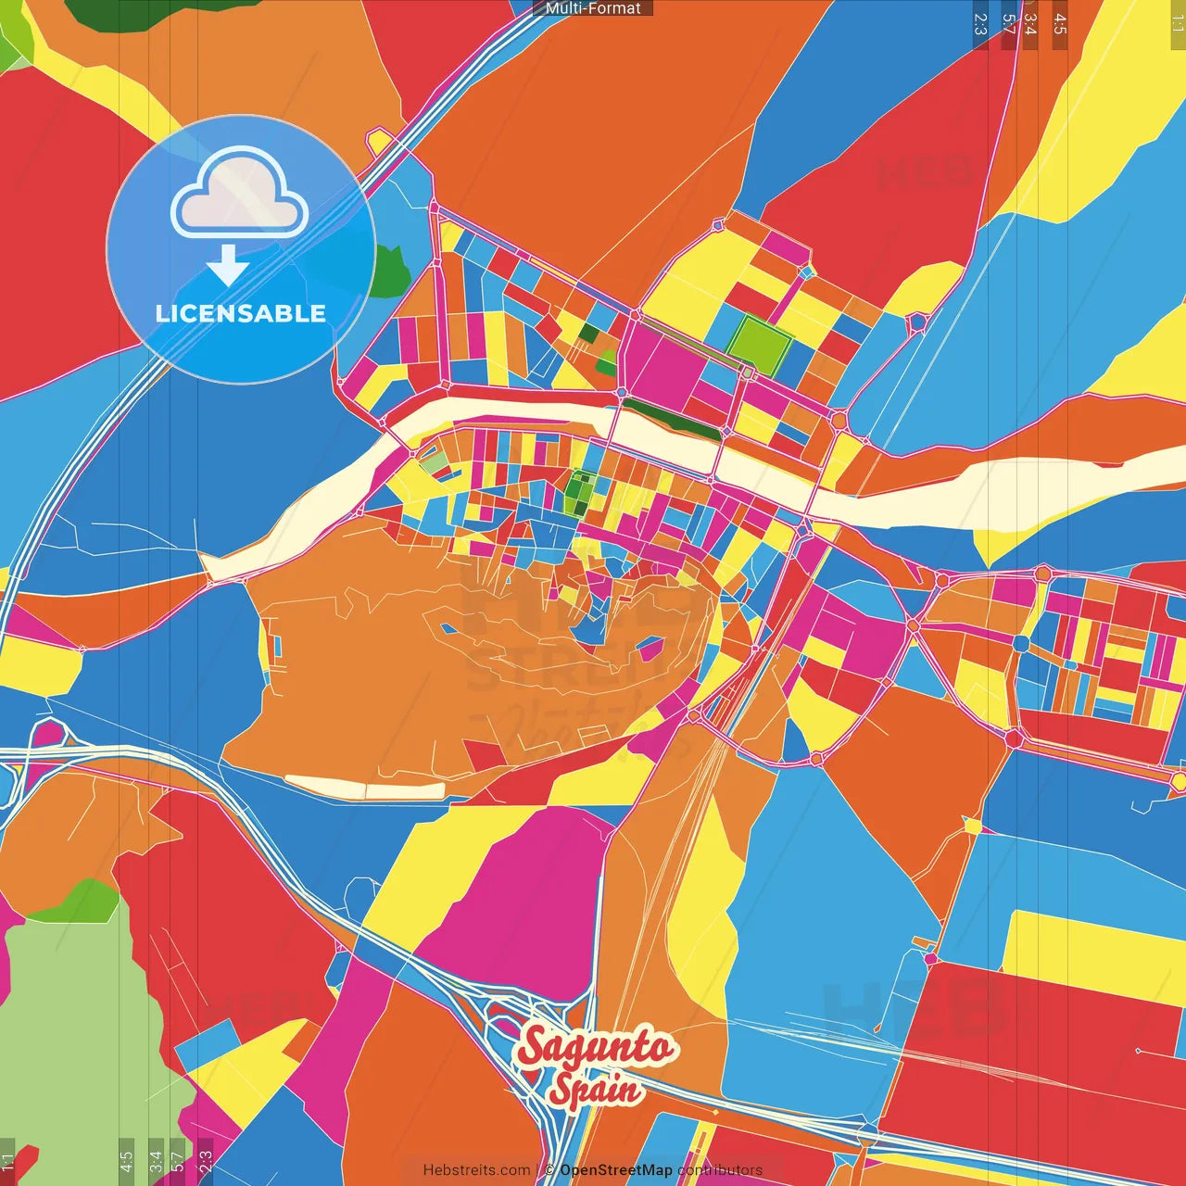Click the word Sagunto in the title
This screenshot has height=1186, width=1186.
pos(596,1048)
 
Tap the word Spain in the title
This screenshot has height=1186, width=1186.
pos(595,1088)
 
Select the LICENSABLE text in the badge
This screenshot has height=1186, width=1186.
pos(240,313)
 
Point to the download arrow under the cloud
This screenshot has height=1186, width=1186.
pos(228,265)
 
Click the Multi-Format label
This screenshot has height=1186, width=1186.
pos(593,8)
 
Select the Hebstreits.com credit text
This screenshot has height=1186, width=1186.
pos(476,1170)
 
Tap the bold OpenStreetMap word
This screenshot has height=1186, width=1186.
pos(615,1170)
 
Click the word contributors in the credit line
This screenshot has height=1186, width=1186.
pos(720,1170)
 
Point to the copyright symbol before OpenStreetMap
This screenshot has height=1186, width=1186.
pos(549,1170)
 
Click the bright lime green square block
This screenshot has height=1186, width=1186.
pos(759,343)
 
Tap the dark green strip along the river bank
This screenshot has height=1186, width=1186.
pos(672,419)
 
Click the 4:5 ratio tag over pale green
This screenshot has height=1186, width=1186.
pos(126,1160)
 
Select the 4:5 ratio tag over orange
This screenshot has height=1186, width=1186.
pos(1060,24)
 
